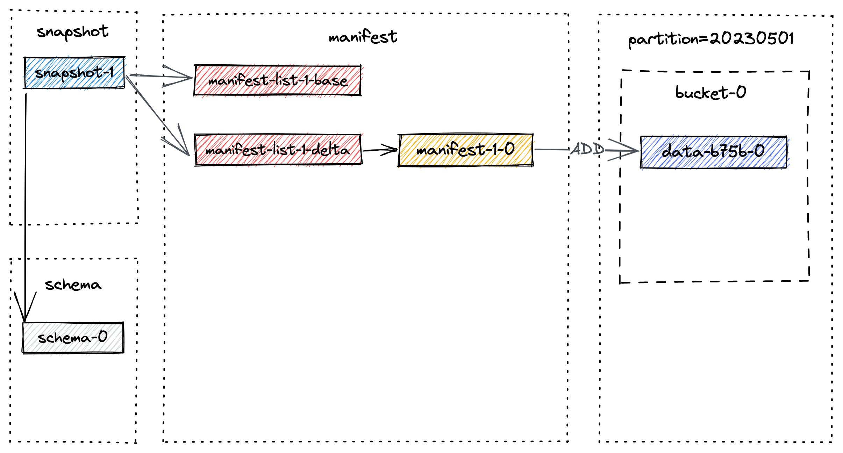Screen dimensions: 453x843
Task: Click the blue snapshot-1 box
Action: (74, 73)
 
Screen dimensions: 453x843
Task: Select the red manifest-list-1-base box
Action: (278, 80)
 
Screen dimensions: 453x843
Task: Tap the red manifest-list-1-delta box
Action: (278, 150)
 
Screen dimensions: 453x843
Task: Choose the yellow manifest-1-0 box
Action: (465, 150)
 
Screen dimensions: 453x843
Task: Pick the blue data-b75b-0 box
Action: (713, 152)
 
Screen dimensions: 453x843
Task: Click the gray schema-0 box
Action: (73, 338)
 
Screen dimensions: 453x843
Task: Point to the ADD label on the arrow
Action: (587, 149)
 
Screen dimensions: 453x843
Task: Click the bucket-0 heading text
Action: (710, 93)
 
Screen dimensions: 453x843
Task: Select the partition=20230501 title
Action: (711, 39)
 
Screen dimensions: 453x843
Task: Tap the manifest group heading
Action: (363, 37)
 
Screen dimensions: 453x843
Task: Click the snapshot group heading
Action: (72, 32)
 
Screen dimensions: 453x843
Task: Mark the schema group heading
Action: (73, 285)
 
